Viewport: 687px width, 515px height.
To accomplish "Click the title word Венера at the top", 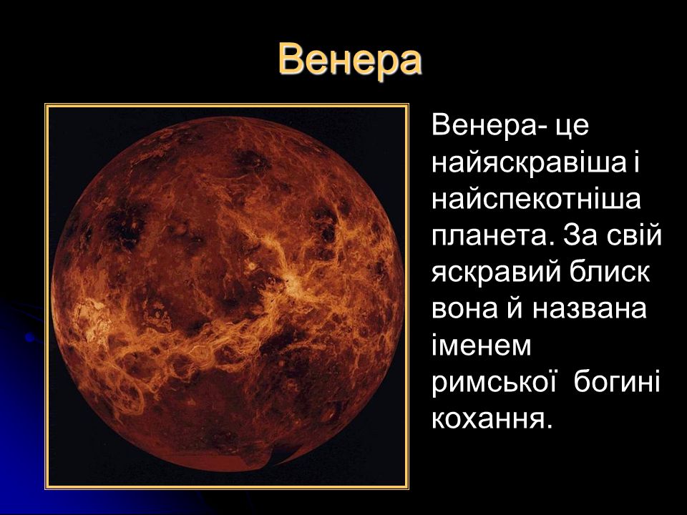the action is point(350,59).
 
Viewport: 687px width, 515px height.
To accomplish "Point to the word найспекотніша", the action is point(536,200).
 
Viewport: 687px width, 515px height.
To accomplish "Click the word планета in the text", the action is point(490,237).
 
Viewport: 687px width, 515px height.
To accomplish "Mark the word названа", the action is point(590,309).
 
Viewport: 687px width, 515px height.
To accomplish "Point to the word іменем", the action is point(482,344).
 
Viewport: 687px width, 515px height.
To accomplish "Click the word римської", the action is point(493,382).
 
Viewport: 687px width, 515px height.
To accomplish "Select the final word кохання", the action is point(489,419).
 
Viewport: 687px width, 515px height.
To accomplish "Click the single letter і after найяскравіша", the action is point(635,162).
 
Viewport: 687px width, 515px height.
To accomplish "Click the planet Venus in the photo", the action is point(227,293).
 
